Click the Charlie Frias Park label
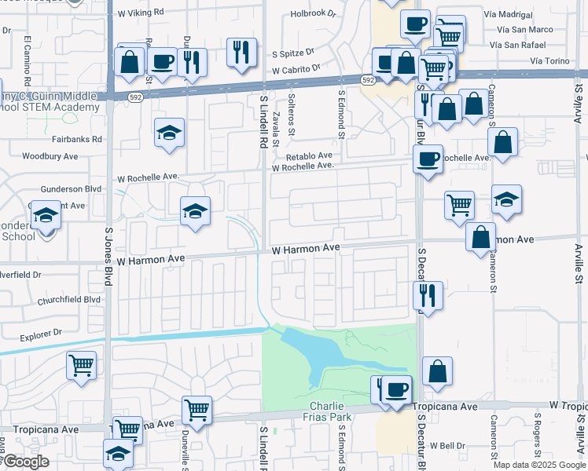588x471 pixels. pyautogui.click(x=327, y=412)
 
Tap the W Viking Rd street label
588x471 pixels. pyautogui.click(x=141, y=13)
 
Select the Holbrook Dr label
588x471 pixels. pyautogui.click(x=313, y=13)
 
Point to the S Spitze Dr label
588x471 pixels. pyautogui.click(x=293, y=54)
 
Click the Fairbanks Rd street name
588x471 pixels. pyautogui.click(x=85, y=139)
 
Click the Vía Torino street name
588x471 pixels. pyautogui.click(x=548, y=60)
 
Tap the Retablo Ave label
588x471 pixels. pyautogui.click(x=309, y=156)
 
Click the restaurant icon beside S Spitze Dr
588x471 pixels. pyautogui.click(x=241, y=52)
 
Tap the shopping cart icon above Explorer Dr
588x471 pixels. pyautogui.click(x=82, y=365)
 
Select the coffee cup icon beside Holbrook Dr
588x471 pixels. pyautogui.click(x=414, y=24)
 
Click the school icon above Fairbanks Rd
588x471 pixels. pyautogui.click(x=169, y=133)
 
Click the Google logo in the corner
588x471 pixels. pyautogui.click(x=26, y=462)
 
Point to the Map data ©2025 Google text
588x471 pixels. pyautogui.click(x=538, y=465)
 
